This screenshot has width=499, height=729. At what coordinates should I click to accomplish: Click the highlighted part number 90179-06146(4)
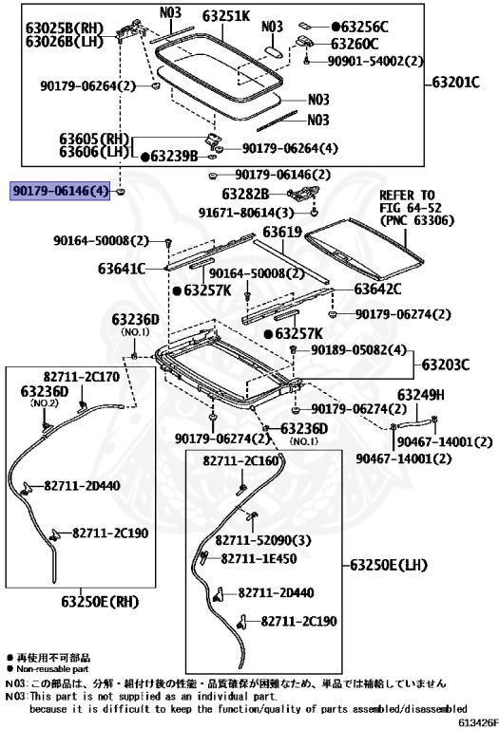click(x=60, y=191)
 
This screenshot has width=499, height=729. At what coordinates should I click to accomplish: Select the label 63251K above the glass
click(x=226, y=16)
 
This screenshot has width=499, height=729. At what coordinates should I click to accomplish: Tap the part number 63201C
click(x=455, y=83)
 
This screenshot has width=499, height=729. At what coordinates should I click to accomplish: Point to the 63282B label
click(x=245, y=194)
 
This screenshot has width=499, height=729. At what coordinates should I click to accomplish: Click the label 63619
click(x=282, y=231)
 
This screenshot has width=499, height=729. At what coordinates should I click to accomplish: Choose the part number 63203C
click(x=446, y=364)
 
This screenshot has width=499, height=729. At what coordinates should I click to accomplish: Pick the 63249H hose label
click(x=420, y=395)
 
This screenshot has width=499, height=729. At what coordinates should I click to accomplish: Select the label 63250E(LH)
click(x=388, y=566)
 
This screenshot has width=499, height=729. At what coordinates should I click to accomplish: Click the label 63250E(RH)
click(x=100, y=602)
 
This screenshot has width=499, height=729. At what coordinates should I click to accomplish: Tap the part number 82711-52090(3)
click(x=263, y=541)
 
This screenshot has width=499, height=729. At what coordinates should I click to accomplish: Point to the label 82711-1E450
click(x=259, y=558)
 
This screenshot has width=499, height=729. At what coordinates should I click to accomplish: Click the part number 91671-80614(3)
click(x=246, y=213)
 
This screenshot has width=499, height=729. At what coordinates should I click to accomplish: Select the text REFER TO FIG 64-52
click(x=411, y=201)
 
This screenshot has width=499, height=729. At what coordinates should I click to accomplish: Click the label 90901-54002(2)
click(x=375, y=61)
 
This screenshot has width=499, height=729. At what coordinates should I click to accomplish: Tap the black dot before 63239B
click(x=144, y=158)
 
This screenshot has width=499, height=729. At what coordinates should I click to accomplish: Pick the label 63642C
click(x=377, y=289)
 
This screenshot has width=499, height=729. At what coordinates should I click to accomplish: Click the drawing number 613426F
click(x=478, y=722)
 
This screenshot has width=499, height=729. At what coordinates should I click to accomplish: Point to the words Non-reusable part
click(x=52, y=669)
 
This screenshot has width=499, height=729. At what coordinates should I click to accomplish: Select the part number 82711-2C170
click(x=82, y=376)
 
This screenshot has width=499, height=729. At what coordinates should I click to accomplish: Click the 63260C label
click(x=355, y=44)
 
